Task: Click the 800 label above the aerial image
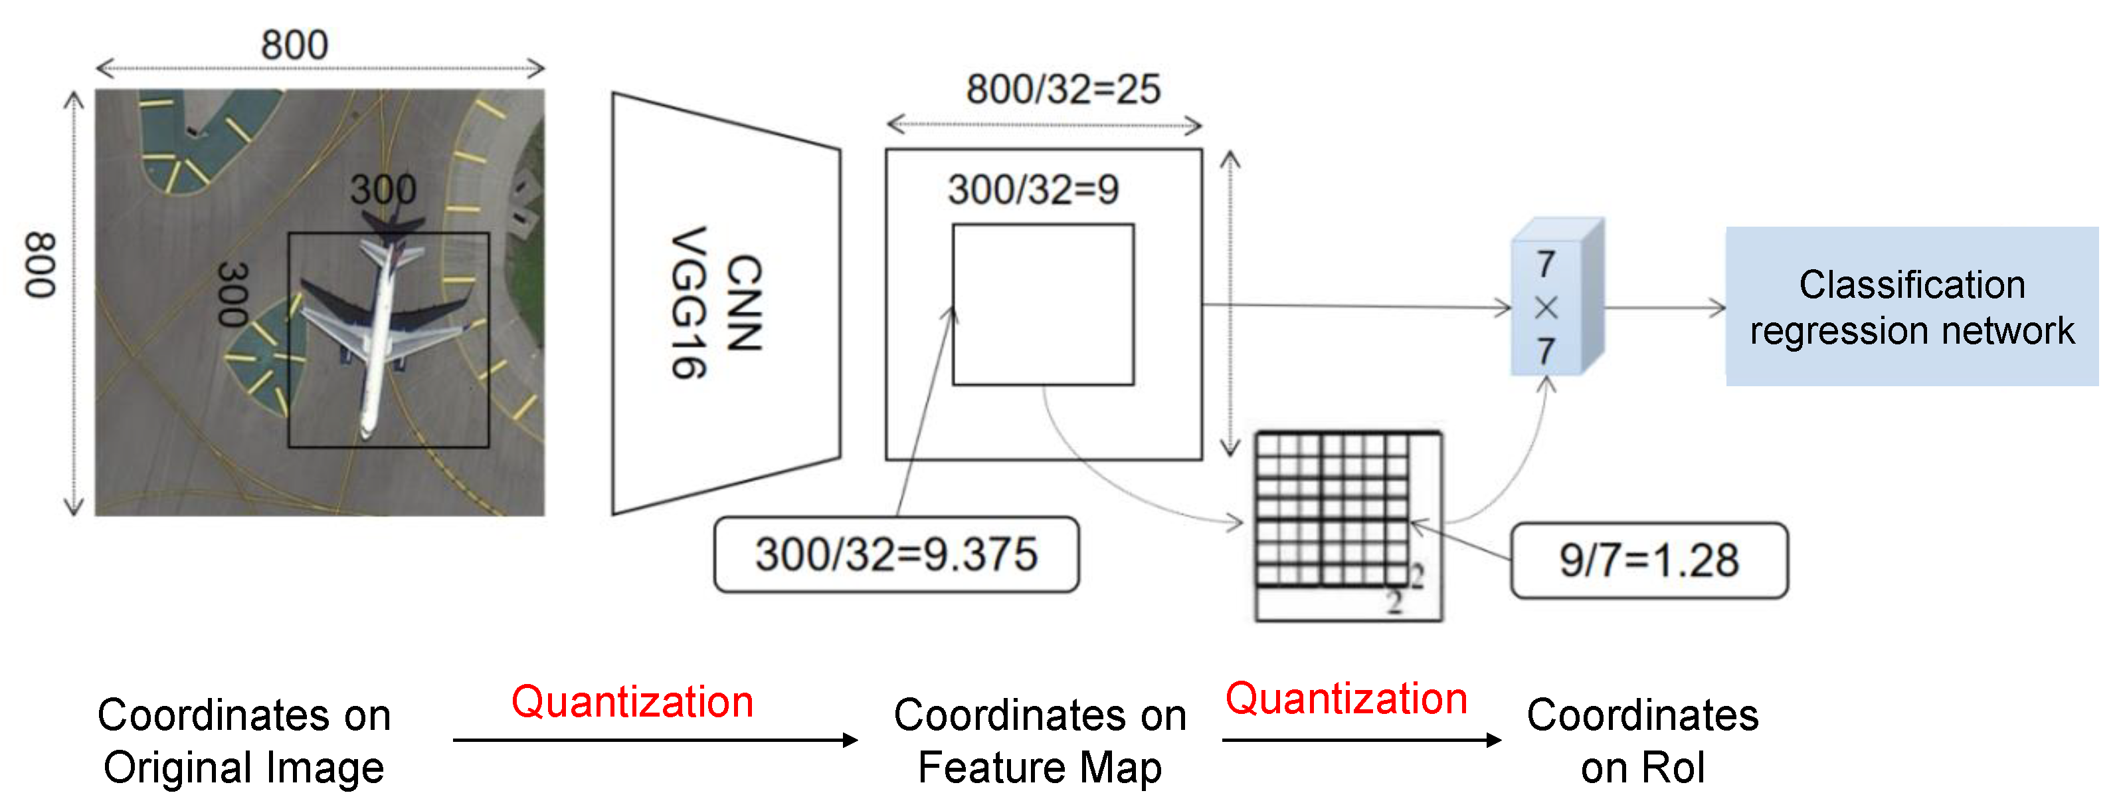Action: [294, 45]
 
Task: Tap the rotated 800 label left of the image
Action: [40, 266]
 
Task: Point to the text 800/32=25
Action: [1063, 89]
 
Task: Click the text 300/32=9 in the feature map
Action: [1033, 190]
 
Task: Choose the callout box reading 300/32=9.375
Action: [896, 554]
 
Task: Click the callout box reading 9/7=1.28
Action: [1648, 560]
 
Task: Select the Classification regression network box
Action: [1911, 307]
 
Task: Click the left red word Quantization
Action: [632, 702]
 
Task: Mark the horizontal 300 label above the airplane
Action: [383, 190]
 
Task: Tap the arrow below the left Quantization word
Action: [655, 740]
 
